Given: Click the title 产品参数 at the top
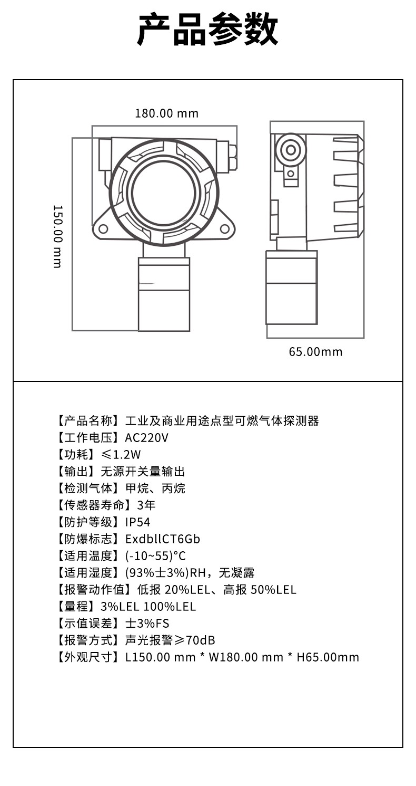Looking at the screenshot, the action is pyautogui.click(x=207, y=29).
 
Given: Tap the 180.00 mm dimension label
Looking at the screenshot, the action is pyautogui.click(x=167, y=113).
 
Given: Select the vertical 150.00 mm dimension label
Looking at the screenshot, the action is pyautogui.click(x=57, y=236).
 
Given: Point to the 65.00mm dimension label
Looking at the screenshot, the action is pyautogui.click(x=315, y=352).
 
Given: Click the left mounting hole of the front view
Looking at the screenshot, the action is pyautogui.click(x=103, y=229).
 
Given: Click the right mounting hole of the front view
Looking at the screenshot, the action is pyautogui.click(x=224, y=229).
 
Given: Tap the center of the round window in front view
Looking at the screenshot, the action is pyautogui.click(x=164, y=193).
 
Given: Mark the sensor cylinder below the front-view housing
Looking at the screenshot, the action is pyautogui.click(x=164, y=294).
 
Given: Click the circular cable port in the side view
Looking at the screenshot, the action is pyautogui.click(x=291, y=150).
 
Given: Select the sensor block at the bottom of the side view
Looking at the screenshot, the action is pyautogui.click(x=291, y=287).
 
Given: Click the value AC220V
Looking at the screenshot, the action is pyautogui.click(x=147, y=437).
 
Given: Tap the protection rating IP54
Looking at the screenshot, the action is pyautogui.click(x=137, y=522).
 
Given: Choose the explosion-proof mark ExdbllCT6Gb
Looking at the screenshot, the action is pyautogui.click(x=163, y=539).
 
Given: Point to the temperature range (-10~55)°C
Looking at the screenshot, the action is pyautogui.click(x=155, y=555).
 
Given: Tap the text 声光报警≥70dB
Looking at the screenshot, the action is pyautogui.click(x=170, y=640).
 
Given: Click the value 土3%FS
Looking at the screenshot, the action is pyautogui.click(x=147, y=623).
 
